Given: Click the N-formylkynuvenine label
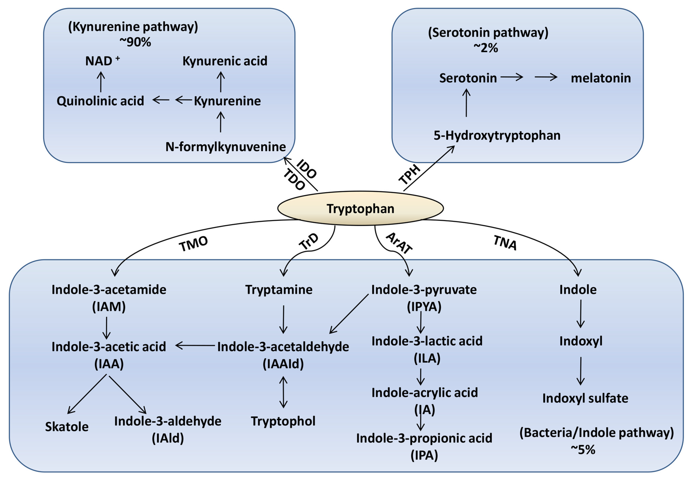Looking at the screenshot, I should coord(226,147).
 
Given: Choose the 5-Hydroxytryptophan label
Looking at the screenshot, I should coord(497,135).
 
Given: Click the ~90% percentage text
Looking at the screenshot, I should coord(135,42).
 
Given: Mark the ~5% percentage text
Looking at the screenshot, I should coord(583,449).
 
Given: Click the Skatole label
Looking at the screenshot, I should coord(67,426).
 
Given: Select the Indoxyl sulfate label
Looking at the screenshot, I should coord(585,398).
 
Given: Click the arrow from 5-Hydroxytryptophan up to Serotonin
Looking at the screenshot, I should coord(466,103).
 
